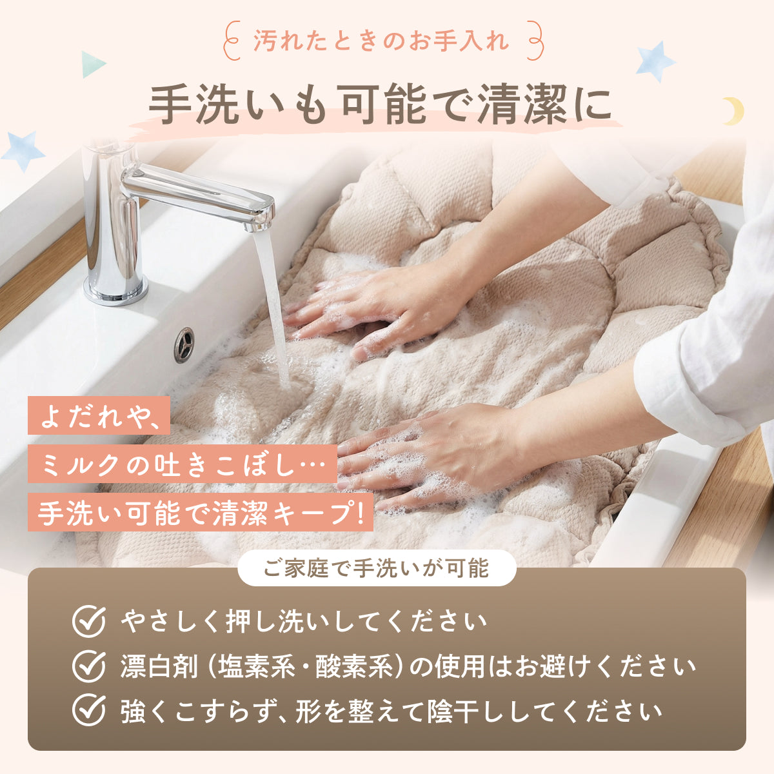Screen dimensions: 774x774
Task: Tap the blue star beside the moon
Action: click(x=655, y=62)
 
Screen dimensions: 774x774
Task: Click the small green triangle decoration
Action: click(x=92, y=64)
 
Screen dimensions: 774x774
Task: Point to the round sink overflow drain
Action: click(x=184, y=344)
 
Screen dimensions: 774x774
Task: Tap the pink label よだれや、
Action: click(x=99, y=415)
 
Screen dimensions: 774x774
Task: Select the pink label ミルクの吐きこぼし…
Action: click(x=182, y=464)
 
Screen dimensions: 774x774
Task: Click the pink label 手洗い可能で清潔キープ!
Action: click(x=200, y=512)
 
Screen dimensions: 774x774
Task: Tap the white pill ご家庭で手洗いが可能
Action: click(x=377, y=568)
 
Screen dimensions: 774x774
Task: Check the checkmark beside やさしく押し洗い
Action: click(x=88, y=621)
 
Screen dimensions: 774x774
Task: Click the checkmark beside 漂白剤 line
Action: click(x=88, y=666)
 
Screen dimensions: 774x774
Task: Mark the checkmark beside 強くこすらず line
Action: click(x=88, y=711)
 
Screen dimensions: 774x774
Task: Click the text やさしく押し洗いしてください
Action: click(x=303, y=621)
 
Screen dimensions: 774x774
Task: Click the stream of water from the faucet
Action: click(x=274, y=303)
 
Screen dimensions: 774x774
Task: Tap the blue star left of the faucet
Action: click(x=23, y=150)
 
